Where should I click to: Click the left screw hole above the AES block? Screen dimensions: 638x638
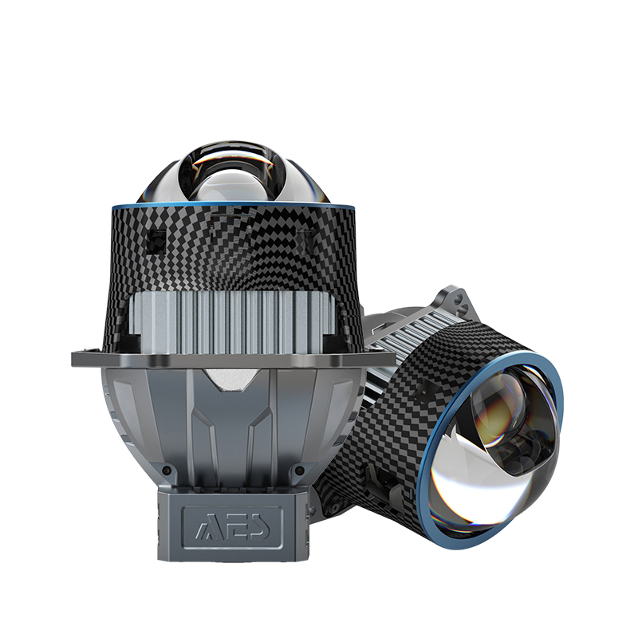[165, 471]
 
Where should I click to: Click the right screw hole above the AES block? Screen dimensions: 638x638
[300, 471]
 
